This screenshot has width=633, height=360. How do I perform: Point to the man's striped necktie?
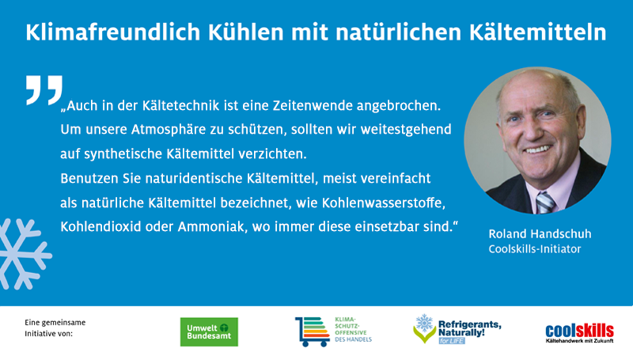pyautogui.click(x=545, y=203)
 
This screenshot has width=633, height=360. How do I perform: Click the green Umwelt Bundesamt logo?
pyautogui.click(x=209, y=332)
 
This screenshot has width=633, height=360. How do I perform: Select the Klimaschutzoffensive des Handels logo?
pyautogui.click(x=333, y=329)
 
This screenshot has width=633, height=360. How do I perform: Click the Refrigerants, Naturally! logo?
pyautogui.click(x=457, y=329)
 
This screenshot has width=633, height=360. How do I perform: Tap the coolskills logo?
pyautogui.click(x=580, y=332)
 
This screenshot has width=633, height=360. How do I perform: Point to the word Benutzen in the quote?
pyautogui.click(x=88, y=179)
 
